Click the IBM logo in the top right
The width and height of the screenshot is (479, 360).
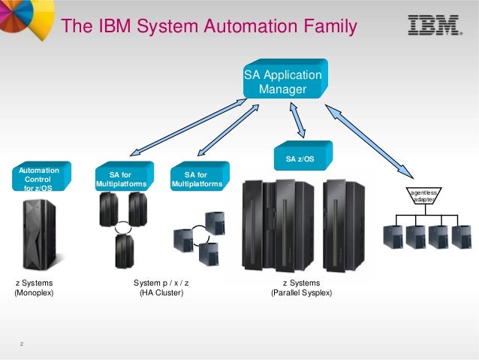point(434,26)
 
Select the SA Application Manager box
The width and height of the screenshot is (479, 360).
point(282,83)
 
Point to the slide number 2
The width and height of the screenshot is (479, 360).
point(23,344)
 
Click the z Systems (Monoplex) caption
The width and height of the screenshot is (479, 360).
point(35,288)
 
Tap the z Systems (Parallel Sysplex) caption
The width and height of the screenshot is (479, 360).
point(301,288)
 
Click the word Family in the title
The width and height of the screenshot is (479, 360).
point(323,28)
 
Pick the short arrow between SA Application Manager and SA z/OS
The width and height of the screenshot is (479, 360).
point(297,119)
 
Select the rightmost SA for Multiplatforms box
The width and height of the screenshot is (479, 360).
point(197,179)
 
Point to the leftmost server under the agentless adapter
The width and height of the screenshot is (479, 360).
point(391,236)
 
